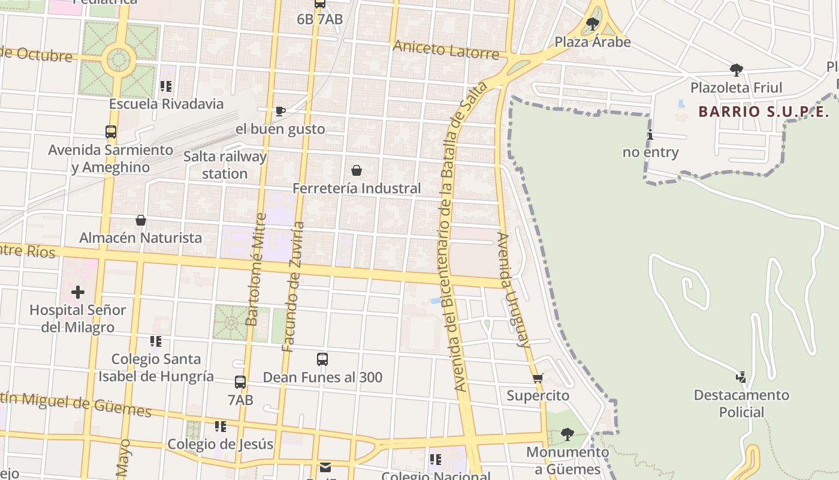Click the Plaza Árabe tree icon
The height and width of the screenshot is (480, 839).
[593, 24]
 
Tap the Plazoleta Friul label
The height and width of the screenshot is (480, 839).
[737, 88]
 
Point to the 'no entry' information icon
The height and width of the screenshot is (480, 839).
[650, 135]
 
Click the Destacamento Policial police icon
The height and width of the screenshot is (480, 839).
[741, 377]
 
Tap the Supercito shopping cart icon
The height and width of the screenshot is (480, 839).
[538, 379]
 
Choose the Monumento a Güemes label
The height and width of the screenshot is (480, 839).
[567, 461]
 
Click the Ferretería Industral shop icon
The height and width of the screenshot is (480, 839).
[357, 170]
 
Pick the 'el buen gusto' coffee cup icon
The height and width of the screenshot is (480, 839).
[280, 111]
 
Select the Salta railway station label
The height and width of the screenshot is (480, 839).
[225, 165]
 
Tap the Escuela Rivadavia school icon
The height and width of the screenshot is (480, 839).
[166, 86]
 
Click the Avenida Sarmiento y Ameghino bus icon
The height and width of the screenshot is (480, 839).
[111, 132]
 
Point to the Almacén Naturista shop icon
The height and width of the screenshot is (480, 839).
[141, 220]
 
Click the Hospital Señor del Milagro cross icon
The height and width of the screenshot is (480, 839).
[78, 293]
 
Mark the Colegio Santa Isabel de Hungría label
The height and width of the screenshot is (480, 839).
[156, 368]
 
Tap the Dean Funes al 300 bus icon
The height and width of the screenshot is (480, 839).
[322, 359]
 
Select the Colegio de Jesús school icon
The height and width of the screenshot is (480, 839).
[221, 427]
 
